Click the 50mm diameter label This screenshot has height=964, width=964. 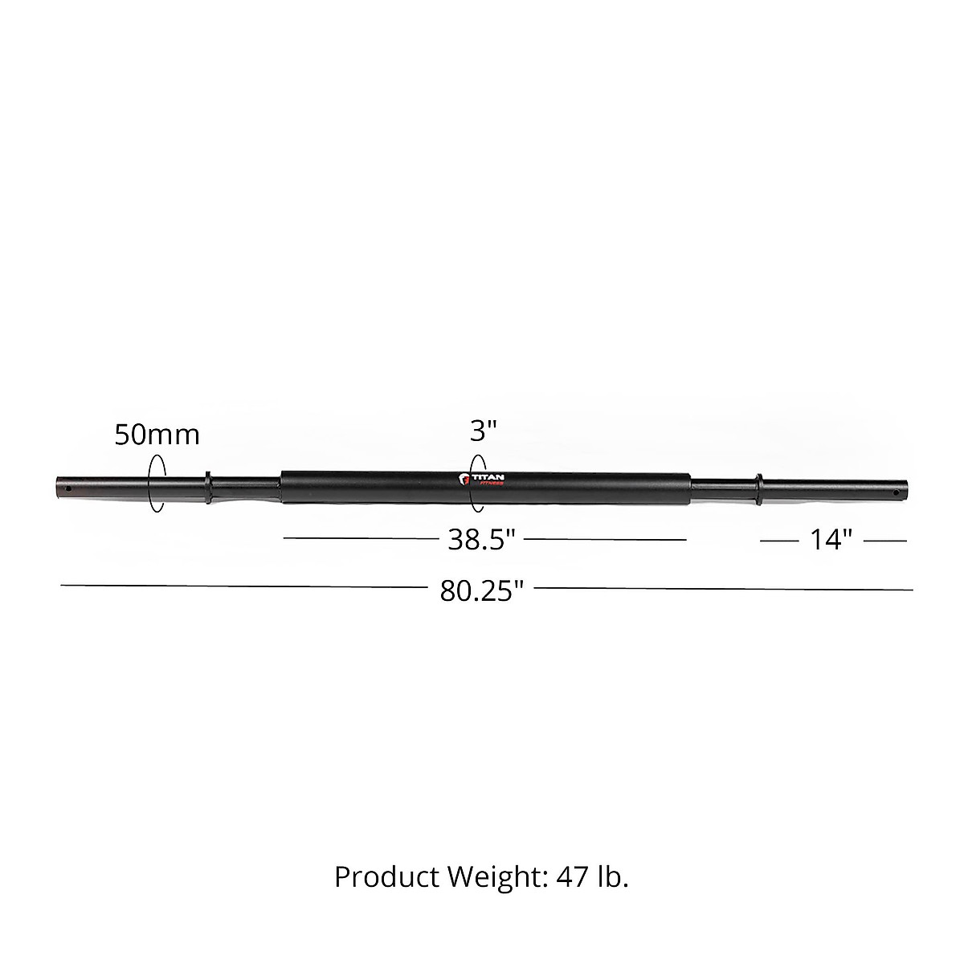click(157, 435)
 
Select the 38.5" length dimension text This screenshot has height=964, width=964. click(480, 540)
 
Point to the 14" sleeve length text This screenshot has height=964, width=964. click(830, 540)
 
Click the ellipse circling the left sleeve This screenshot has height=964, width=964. click(157, 482)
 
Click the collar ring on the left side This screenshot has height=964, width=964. click(209, 488)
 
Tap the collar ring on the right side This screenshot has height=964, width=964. click(757, 488)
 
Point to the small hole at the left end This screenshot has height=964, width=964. click(69, 487)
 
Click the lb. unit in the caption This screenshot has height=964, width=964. click(612, 876)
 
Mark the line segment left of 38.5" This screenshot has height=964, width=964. click(361, 539)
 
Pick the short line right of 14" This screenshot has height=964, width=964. click(885, 541)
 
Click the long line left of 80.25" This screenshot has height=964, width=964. click(241, 586)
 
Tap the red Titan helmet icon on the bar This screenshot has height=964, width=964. click(464, 480)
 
